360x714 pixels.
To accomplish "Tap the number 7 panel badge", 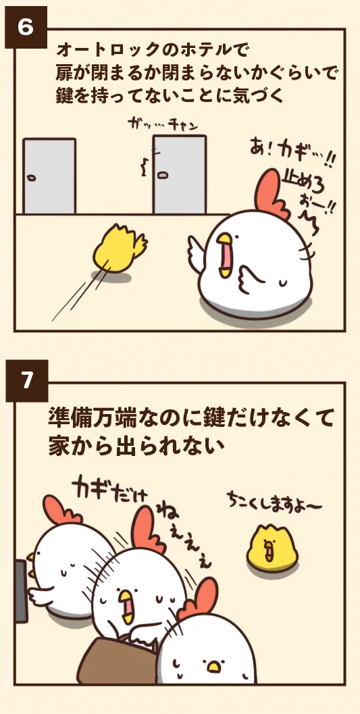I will coord(26,381).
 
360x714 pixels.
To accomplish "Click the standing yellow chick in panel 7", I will coord(272,547).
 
